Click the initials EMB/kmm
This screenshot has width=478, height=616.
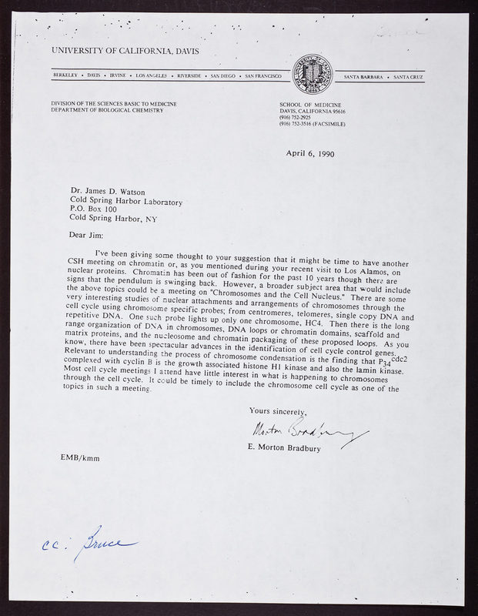(79, 459)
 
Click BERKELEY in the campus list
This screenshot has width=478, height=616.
(65, 78)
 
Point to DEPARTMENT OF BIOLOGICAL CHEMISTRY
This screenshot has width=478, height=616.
(107, 110)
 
